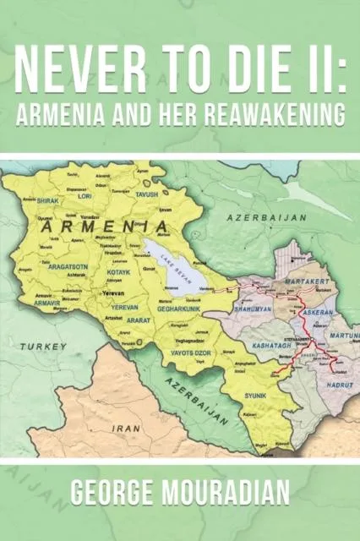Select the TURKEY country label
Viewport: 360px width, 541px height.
click(x=45, y=347)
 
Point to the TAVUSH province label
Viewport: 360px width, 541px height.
click(x=146, y=193)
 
